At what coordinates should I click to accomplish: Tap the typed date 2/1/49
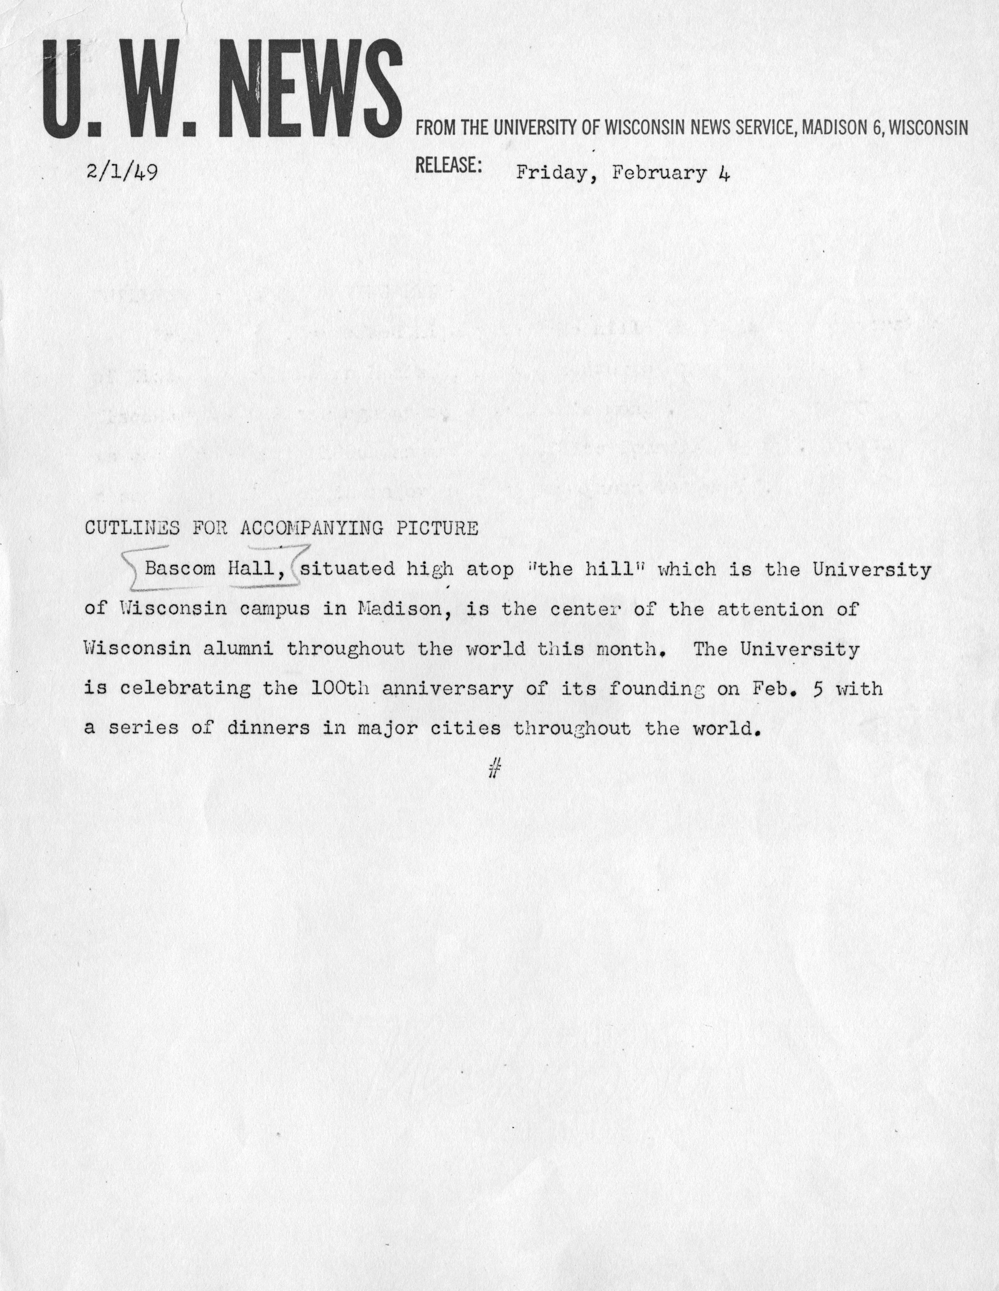(x=121, y=174)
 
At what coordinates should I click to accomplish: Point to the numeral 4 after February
(x=724, y=173)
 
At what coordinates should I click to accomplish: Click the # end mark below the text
(x=495, y=768)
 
